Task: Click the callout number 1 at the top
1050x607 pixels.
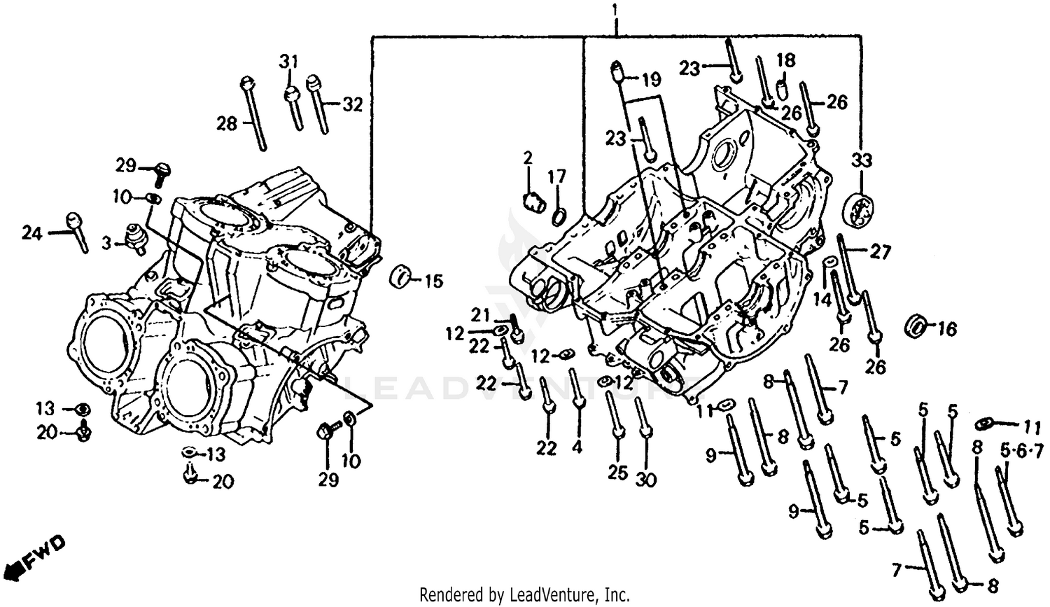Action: pyautogui.click(x=615, y=11)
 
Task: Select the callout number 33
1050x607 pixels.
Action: pyautogui.click(x=862, y=160)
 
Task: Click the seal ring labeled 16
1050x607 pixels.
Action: pyautogui.click(x=916, y=326)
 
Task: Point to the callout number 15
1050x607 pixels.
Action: pyautogui.click(x=433, y=281)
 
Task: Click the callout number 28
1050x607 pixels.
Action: pyautogui.click(x=227, y=124)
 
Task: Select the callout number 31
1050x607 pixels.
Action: pyautogui.click(x=289, y=62)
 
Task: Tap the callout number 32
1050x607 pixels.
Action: pyautogui.click(x=353, y=105)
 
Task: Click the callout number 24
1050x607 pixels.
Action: pyautogui.click(x=31, y=233)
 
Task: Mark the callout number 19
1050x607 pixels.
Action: pyautogui.click(x=650, y=80)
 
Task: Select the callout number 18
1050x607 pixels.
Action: pyautogui.click(x=785, y=60)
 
